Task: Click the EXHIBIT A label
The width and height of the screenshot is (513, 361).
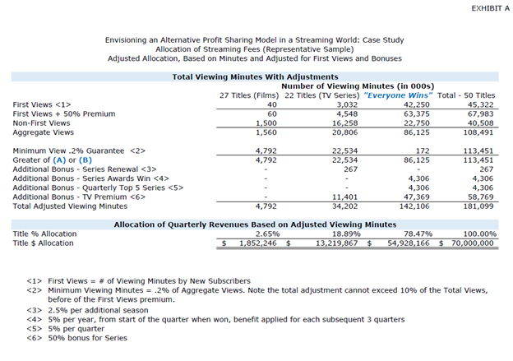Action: click(x=485, y=7)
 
